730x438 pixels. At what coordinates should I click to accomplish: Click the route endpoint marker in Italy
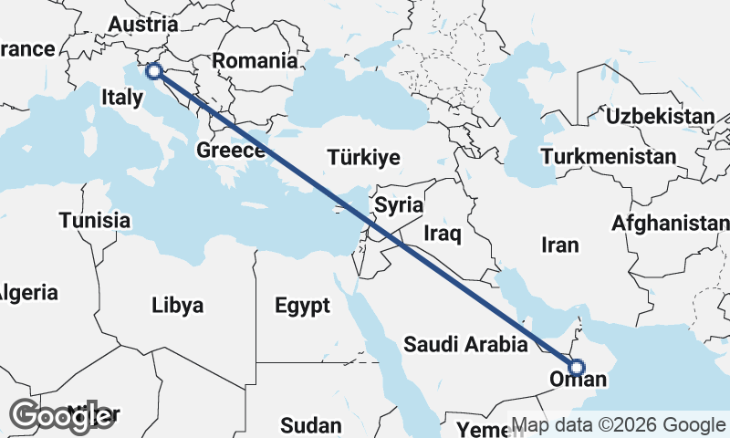pos(153,70)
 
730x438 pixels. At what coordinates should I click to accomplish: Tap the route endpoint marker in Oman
pos(576,368)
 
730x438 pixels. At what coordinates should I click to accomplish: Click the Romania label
pos(255,62)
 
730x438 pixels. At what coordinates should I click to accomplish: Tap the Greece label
pos(231,150)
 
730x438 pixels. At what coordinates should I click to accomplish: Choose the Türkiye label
pos(364,158)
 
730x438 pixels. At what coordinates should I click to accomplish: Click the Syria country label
pos(398,205)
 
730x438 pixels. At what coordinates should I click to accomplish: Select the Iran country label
pos(559,245)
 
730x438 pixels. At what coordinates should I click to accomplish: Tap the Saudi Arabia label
pos(465,345)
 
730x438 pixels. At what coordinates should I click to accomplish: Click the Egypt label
pos(302,306)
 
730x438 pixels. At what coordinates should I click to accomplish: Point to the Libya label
pos(177,305)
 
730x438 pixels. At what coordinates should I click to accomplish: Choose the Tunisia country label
pos(95,220)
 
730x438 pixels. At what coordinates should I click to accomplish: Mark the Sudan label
pos(310,425)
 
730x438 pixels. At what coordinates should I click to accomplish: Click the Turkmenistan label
pos(608,157)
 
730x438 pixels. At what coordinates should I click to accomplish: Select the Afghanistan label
pos(671,223)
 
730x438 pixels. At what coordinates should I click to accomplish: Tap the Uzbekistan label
pos(660,116)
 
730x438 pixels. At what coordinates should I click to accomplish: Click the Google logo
pos(62,416)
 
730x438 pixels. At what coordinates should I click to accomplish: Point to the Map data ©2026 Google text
pos(619,425)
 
